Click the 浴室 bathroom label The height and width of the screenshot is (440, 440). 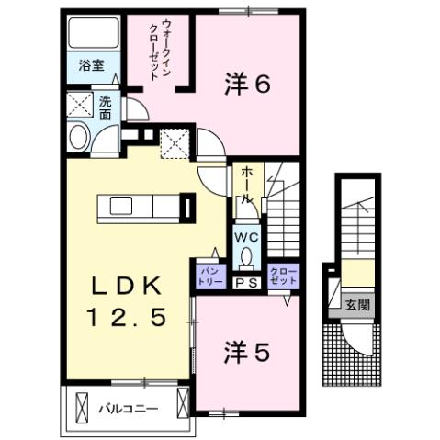tap(91, 66)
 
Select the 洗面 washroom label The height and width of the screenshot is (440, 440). tap(106, 108)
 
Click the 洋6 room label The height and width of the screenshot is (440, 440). tap(247, 85)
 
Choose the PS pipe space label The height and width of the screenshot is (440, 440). tap(246, 282)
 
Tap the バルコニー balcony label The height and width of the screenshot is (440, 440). tap(128, 407)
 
